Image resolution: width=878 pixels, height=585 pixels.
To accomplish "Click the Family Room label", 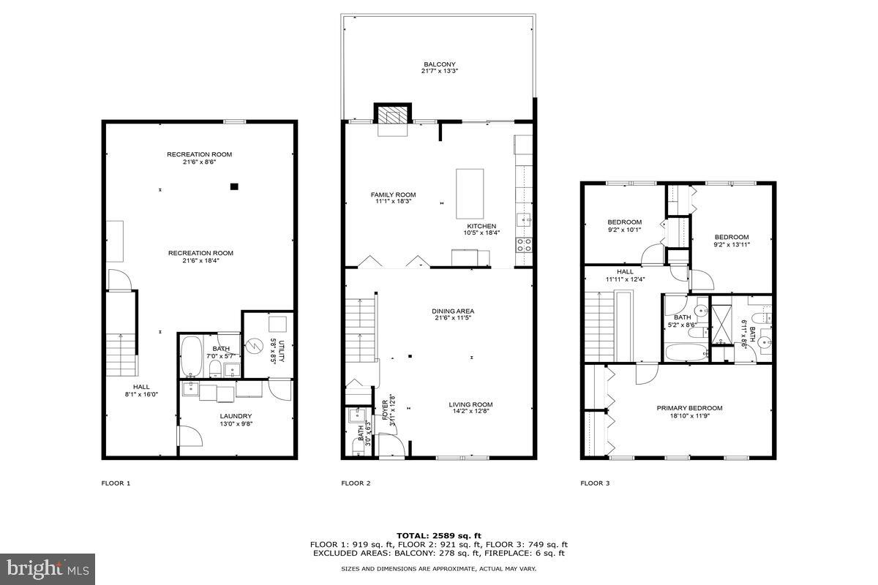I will point(393,197).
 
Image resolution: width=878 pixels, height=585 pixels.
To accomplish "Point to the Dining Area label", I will point(452,315).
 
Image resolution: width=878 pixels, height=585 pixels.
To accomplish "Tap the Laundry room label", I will point(236,420).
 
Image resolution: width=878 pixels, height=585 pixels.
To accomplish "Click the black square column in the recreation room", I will point(234,186).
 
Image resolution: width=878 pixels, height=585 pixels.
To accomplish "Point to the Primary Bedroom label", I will point(689,412).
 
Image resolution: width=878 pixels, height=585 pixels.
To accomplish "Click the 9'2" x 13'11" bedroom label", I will point(732,241).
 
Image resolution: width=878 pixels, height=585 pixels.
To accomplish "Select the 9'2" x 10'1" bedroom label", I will point(624,226).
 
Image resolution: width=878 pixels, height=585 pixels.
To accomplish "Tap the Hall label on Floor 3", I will point(624,275).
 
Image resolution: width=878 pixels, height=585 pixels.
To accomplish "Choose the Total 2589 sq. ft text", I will point(439,536).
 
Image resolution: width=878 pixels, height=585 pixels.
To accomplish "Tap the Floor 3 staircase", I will point(599,325).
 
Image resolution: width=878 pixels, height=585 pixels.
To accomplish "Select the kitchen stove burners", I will point(524,244).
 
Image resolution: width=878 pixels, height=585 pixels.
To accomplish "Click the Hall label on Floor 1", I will point(141,390).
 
